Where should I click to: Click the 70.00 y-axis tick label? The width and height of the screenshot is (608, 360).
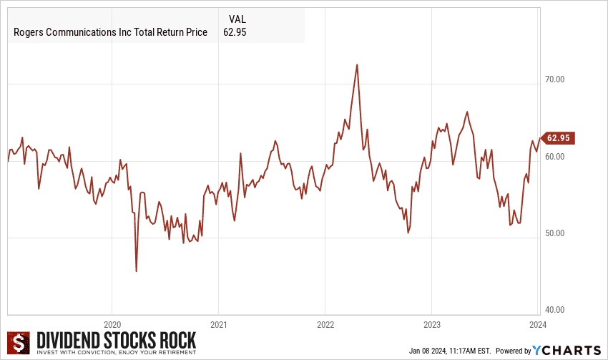click(555, 79)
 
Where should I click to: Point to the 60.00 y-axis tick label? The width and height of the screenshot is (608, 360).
click(555, 157)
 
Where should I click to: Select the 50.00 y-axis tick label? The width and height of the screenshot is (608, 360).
click(555, 233)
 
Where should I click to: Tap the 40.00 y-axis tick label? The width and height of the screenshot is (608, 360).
click(555, 310)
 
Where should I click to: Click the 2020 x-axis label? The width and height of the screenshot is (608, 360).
click(112, 323)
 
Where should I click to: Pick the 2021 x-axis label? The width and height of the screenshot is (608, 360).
click(219, 323)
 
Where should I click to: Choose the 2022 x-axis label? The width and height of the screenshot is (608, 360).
click(325, 323)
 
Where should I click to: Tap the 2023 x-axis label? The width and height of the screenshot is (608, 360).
click(431, 323)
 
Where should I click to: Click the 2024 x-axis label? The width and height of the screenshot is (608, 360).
click(537, 323)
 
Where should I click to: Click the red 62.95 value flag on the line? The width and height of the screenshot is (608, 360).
click(559, 138)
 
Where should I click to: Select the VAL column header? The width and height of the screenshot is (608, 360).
click(238, 19)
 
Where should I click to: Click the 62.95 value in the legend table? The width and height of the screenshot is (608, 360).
click(235, 33)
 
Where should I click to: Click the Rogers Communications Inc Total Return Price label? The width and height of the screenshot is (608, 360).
click(111, 33)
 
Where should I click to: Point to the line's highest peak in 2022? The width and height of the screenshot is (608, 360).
click(356, 64)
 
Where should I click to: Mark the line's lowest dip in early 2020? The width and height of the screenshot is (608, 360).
click(136, 271)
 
